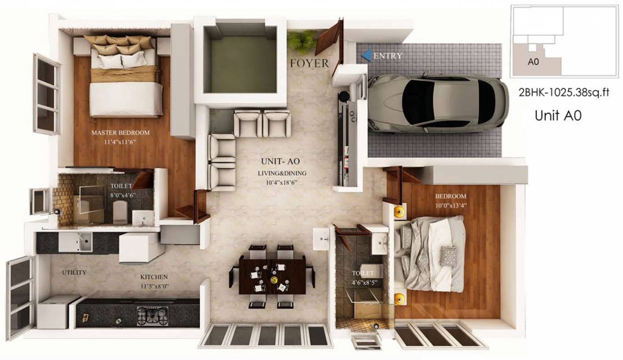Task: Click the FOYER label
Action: point(309,63)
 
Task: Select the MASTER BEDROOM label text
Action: point(120,133)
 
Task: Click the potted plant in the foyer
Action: point(302,40)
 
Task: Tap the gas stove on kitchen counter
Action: point(152,315)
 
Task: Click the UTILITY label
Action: point(74,272)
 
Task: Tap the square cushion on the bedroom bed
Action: point(448,256)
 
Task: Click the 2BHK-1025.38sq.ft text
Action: point(564,93)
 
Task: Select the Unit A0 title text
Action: point(558,116)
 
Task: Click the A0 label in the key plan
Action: point(533,61)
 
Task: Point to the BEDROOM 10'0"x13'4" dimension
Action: point(451,205)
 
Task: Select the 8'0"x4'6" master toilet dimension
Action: point(123,195)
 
